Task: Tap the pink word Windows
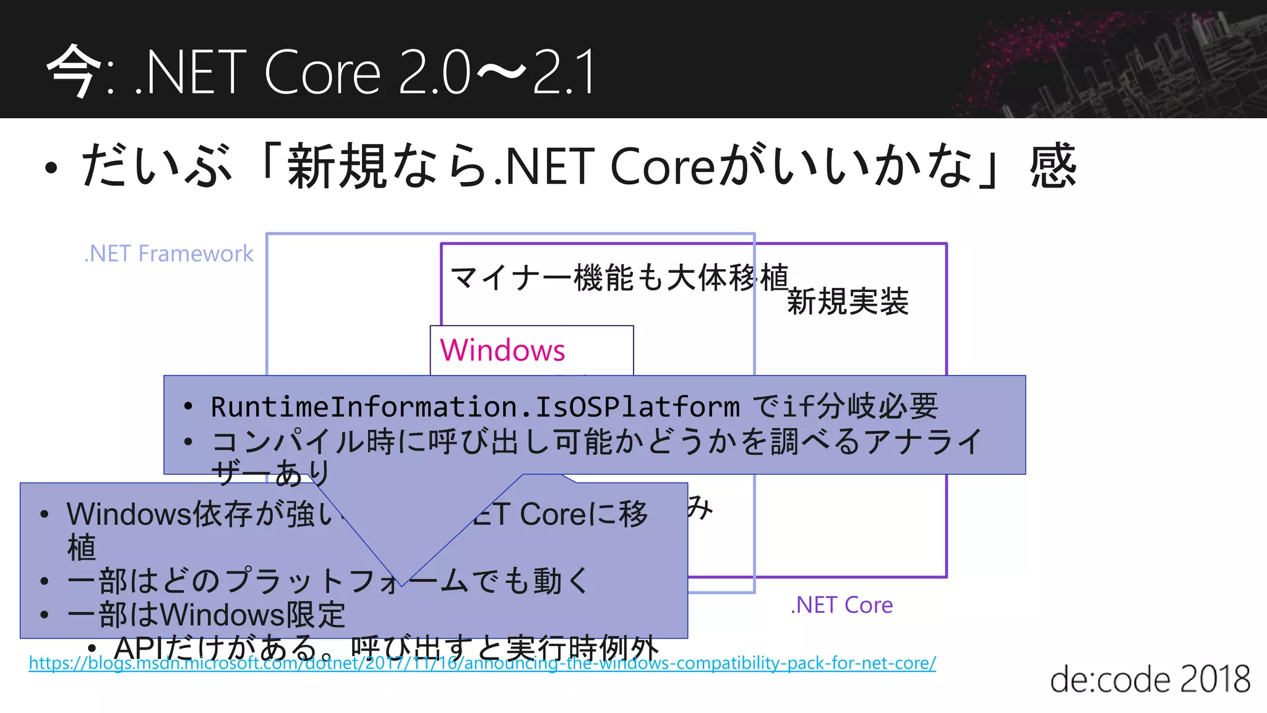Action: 502,350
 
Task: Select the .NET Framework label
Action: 169,254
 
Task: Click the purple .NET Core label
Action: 841,605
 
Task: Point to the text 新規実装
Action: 847,302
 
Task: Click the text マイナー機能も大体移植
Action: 619,277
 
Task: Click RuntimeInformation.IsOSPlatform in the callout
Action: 475,407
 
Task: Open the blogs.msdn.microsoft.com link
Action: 482,663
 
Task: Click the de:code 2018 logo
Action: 1149,679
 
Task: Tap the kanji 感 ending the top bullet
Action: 1053,166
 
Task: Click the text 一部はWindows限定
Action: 206,615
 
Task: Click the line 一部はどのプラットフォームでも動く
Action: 328,581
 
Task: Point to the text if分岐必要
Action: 860,407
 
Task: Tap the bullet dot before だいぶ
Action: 51,168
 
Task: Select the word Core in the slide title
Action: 322,73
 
